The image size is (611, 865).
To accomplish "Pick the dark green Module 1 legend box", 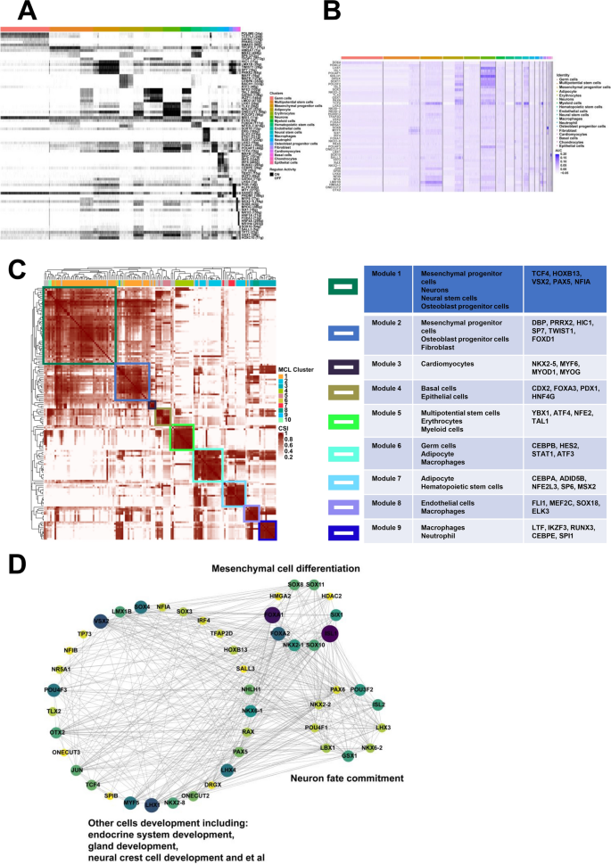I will pos(343,286).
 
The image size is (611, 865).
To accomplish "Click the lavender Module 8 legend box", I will pos(343,505).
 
